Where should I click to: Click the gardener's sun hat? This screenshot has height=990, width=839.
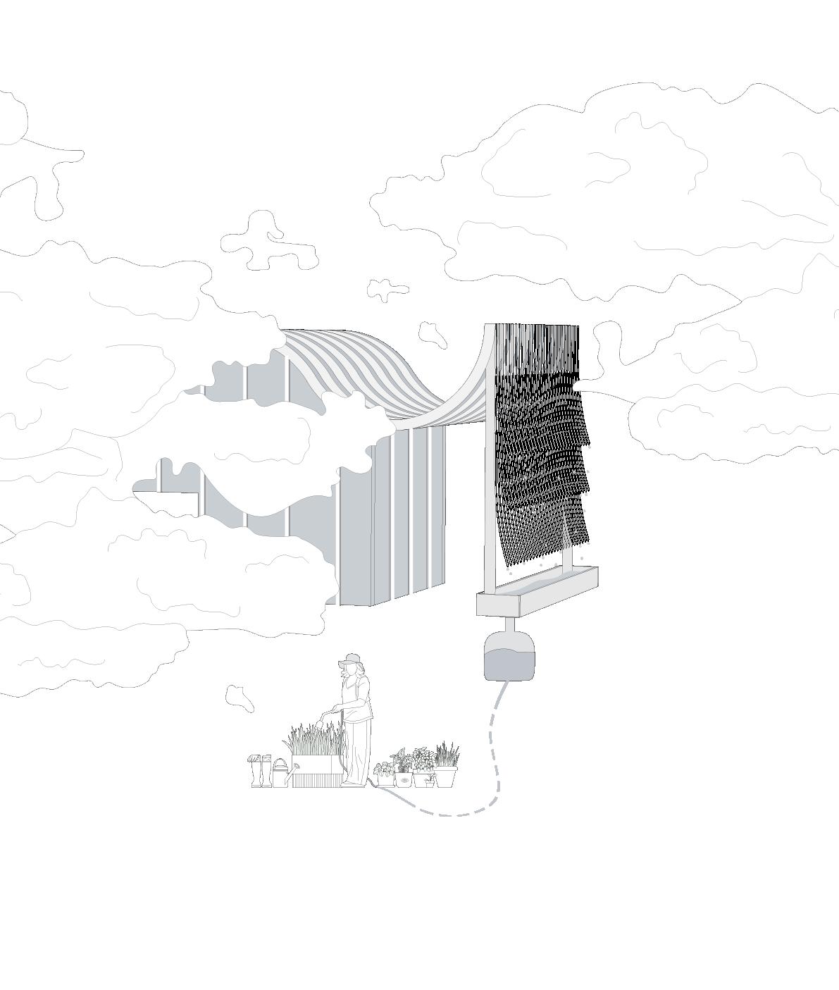351,660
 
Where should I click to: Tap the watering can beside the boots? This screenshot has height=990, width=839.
280,774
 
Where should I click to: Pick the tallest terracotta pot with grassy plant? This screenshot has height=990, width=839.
446,775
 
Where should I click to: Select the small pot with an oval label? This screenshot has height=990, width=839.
404,779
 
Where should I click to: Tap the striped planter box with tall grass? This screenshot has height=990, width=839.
316,772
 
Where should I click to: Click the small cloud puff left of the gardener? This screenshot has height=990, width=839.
239,697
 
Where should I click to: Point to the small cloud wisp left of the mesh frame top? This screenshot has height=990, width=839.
432,334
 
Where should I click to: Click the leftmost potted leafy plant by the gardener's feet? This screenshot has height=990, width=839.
385,774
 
